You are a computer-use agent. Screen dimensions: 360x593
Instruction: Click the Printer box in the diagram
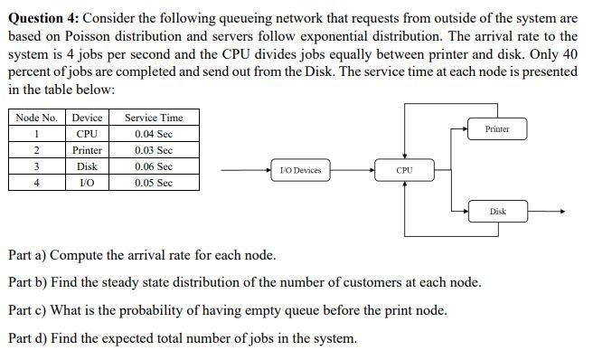click(x=496, y=129)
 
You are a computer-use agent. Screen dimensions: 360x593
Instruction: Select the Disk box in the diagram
click(x=497, y=212)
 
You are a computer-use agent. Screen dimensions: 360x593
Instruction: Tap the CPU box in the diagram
click(x=405, y=170)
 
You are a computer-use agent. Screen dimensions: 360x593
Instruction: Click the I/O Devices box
click(x=301, y=170)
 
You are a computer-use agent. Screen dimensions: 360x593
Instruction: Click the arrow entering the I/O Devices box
click(x=244, y=170)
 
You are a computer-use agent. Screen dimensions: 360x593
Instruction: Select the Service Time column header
click(x=153, y=118)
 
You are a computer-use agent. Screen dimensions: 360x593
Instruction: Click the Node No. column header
click(x=36, y=118)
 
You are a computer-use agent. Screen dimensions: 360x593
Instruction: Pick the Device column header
click(x=87, y=118)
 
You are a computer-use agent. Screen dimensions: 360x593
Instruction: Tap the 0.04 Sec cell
click(x=153, y=134)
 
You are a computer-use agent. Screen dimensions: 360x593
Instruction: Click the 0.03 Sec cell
click(x=153, y=150)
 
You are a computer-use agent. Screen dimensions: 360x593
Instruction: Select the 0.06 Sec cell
click(x=153, y=166)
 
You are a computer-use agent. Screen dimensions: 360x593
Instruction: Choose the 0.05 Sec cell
click(x=153, y=183)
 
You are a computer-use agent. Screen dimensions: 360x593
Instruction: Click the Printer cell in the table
click(x=87, y=150)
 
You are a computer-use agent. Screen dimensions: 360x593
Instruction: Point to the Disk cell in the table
click(x=87, y=166)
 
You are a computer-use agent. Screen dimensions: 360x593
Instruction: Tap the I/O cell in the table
click(x=87, y=183)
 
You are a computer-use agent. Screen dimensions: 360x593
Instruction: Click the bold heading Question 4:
click(x=41, y=18)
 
